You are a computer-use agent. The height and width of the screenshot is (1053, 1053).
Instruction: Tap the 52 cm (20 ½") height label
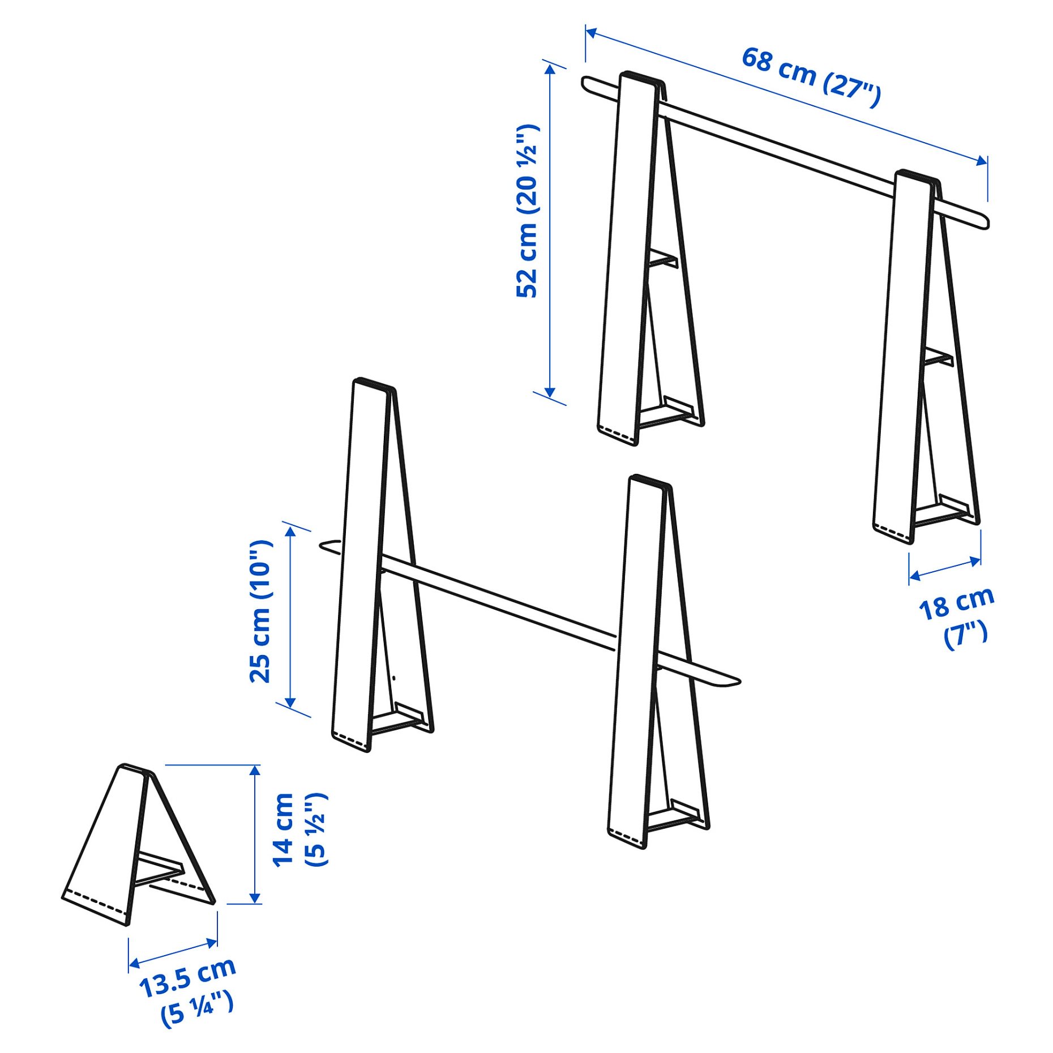tap(528, 211)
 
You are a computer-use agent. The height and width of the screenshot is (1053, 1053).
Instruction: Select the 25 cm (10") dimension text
tap(261, 611)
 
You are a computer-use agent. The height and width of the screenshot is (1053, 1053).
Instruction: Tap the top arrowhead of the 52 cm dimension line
tap(550, 69)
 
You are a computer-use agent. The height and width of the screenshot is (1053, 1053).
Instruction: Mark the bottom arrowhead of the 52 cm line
tap(550, 392)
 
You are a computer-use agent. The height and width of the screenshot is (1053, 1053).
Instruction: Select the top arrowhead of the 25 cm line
tap(290, 531)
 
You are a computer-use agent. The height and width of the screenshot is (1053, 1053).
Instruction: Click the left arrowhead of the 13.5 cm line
tap(134, 964)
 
